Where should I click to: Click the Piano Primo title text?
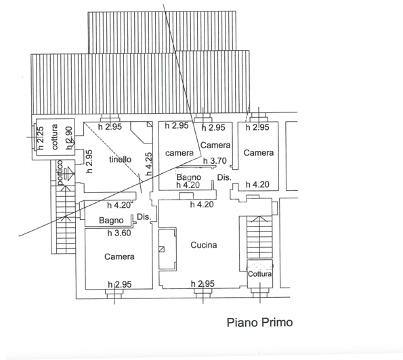pyautogui.click(x=259, y=323)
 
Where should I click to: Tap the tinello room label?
pyautogui.click(x=119, y=160)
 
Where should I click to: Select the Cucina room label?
pyautogui.click(x=203, y=245)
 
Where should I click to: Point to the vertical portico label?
pyautogui.click(x=60, y=172)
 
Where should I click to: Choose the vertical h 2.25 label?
pyautogui.click(x=41, y=137)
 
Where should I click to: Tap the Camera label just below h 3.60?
pyautogui.click(x=119, y=257)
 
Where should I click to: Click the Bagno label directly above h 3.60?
pyautogui.click(x=110, y=221)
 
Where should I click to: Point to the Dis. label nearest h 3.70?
pyautogui.click(x=224, y=177)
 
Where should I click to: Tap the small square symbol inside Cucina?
pyautogui.click(x=161, y=249)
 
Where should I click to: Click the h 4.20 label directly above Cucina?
pyautogui.click(x=202, y=204)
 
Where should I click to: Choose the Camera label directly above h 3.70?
pyautogui.click(x=215, y=145)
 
